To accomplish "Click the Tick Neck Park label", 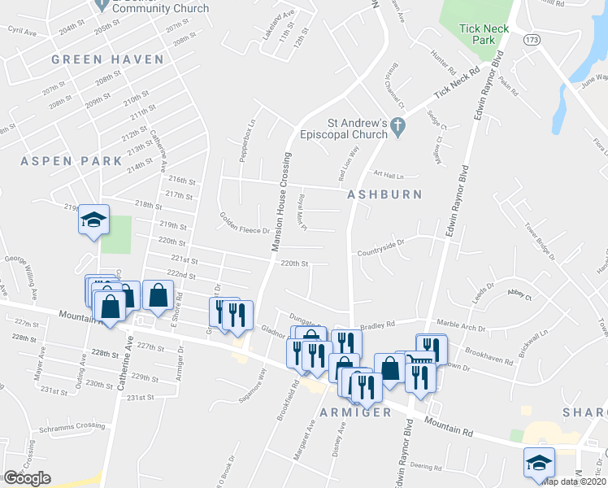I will tap(484, 33).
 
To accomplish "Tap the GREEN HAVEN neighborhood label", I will tap(107, 59).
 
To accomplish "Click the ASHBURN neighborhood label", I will tap(384, 194).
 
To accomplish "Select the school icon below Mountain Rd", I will tap(539, 462).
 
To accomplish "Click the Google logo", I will tap(28, 478).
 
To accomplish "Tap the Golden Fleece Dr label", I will tap(244, 224).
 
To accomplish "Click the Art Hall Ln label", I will tap(389, 174).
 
